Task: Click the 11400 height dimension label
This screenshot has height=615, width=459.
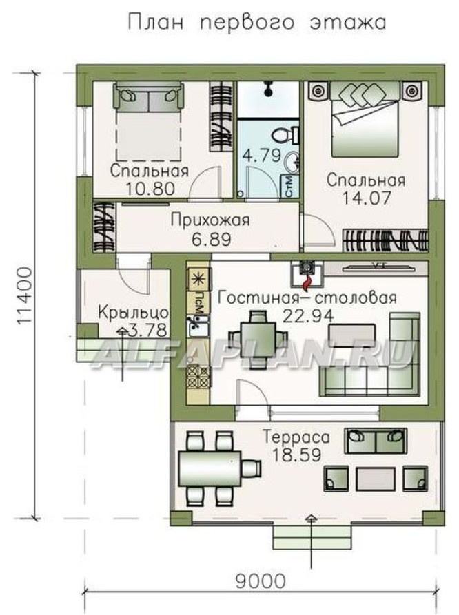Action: click(25, 295)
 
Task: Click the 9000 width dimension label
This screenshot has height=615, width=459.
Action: click(261, 581)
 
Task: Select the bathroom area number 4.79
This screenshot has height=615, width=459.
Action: click(261, 156)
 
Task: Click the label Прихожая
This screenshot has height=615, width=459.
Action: click(210, 220)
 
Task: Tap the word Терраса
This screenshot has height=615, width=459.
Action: click(296, 437)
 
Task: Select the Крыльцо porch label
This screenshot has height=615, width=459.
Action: click(133, 313)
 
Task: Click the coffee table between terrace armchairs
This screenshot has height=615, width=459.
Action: click(375, 479)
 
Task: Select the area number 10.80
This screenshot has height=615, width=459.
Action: click(150, 189)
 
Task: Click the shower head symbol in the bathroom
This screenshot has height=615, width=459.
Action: click(268, 89)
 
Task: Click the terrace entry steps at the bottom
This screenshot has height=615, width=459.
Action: click(312, 537)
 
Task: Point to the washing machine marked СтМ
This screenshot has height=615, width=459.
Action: click(289, 187)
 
